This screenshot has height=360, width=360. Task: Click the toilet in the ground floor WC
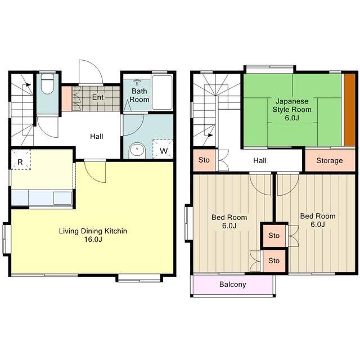tap(47, 84)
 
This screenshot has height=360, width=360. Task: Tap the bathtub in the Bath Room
tap(162, 92)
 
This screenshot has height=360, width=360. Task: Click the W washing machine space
tap(163, 148)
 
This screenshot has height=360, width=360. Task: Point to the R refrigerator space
tap(21, 160)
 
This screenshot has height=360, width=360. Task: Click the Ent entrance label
tap(98, 97)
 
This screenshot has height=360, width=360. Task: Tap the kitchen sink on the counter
tap(62, 199)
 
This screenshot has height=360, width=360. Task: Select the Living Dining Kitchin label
tap(93, 231)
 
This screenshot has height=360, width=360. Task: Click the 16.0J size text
tap(93, 240)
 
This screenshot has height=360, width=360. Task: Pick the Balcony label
tap(232, 285)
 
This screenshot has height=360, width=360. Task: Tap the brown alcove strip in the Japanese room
tap(349, 110)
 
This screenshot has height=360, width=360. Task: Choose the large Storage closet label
tap(330, 160)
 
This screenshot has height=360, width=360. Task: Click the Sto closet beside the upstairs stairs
tap(204, 160)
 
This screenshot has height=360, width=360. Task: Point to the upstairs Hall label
tap(260, 160)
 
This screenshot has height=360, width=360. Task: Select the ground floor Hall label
tap(96, 136)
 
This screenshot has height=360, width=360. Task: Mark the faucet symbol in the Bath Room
tap(137, 82)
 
